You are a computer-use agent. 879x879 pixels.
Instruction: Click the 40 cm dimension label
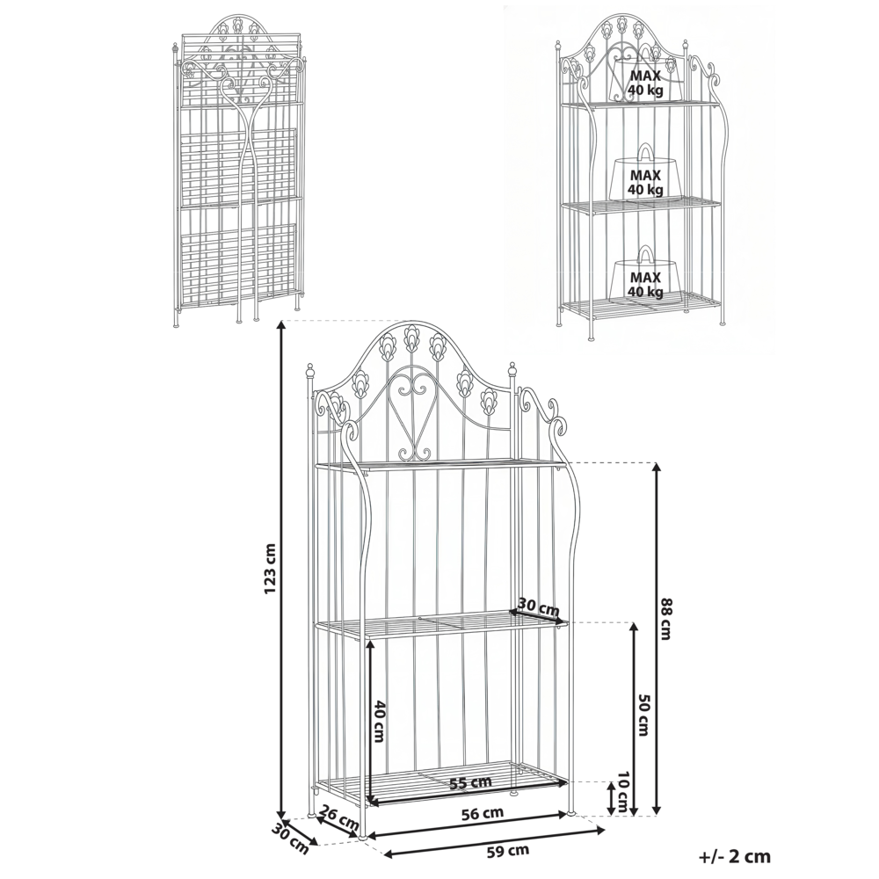pyautogui.click(x=381, y=721)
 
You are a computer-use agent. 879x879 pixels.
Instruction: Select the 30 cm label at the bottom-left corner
pyautogui.click(x=290, y=838)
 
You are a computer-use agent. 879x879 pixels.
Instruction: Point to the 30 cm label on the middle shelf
pyautogui.click(x=538, y=607)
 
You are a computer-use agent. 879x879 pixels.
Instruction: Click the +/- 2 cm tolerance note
pyautogui.click(x=735, y=854)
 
